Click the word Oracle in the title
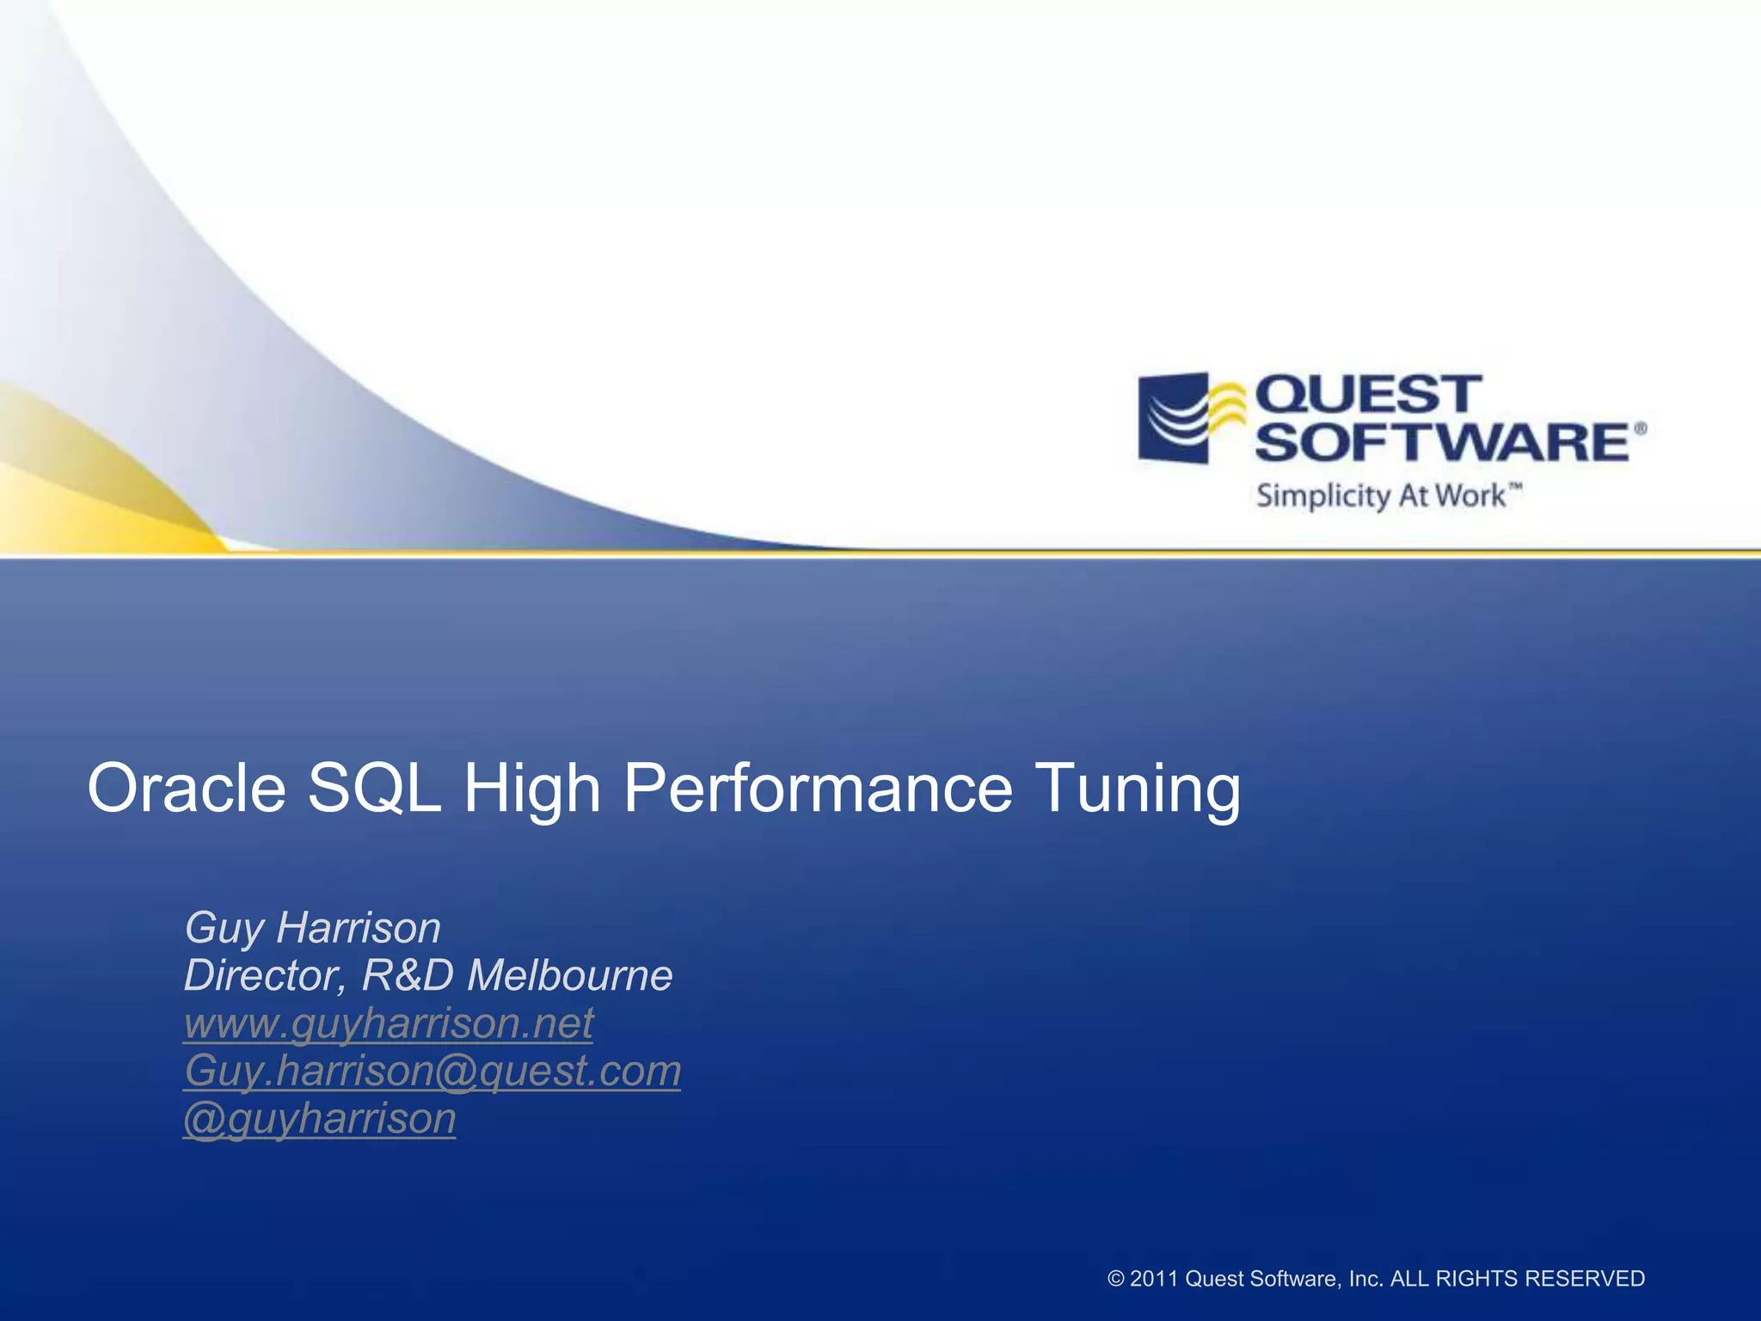tap(187, 787)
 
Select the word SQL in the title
tap(374, 787)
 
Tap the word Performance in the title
tap(818, 787)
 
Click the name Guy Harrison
tap(312, 928)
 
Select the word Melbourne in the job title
tap(569, 975)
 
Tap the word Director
tap(263, 976)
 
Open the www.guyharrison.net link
tap(388, 1023)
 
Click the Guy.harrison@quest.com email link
tap(432, 1071)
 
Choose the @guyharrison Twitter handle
tap(319, 1119)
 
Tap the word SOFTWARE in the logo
tap(1442, 442)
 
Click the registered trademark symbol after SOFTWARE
tap(1640, 428)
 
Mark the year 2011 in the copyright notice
tap(1153, 1279)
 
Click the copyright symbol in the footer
tap(1116, 1279)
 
